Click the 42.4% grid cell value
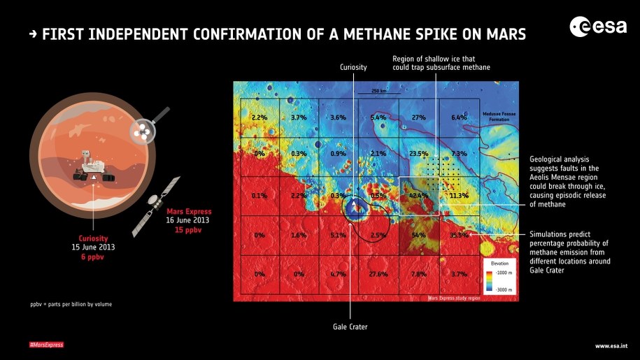[418, 196]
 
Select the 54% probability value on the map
[419, 236]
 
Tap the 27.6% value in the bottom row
[378, 275]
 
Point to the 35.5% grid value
[459, 236]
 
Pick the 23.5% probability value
[418, 154]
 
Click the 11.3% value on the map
[459, 196]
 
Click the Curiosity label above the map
[353, 67]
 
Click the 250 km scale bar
[378, 92]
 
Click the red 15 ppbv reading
[188, 229]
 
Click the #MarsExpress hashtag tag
[46, 345]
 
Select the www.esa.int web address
[611, 345]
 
